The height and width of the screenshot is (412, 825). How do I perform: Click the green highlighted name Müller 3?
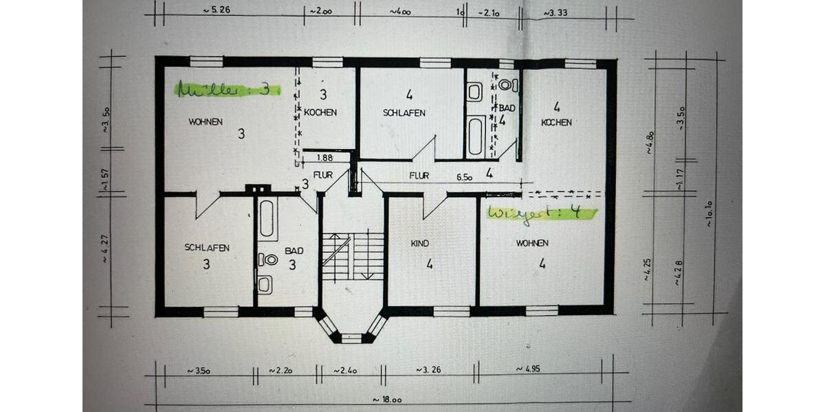coord(227,89)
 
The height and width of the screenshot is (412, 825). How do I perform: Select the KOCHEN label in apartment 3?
coord(320,112)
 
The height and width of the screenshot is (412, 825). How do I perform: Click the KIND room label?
coord(420,243)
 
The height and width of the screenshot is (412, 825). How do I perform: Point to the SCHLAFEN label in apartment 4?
coord(404,113)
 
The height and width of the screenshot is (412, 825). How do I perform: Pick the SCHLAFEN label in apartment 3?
coord(206,247)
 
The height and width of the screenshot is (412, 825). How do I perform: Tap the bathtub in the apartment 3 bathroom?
coord(268,218)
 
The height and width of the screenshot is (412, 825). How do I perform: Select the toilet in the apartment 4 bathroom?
coord(507,85)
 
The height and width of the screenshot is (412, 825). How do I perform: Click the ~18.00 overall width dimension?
coord(387,399)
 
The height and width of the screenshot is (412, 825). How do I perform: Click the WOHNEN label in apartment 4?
coord(532,243)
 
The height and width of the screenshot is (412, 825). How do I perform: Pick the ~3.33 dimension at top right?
coord(558,12)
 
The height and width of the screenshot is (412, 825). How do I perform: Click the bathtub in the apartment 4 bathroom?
coord(476,136)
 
